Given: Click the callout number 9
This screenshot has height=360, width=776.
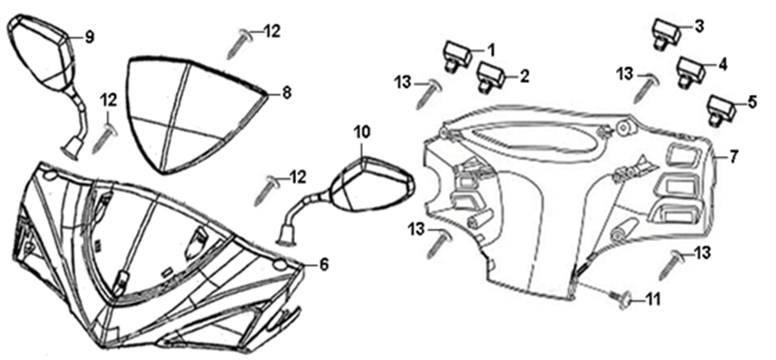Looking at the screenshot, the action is [89, 37].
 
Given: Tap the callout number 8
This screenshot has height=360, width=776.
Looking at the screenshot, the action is [287, 92].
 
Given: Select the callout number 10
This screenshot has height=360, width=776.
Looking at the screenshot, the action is [361, 132].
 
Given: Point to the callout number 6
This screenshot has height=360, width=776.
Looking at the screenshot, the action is [324, 264].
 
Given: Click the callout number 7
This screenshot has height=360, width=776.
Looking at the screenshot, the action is [733, 157].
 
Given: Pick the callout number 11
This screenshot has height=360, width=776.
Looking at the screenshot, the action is [653, 300].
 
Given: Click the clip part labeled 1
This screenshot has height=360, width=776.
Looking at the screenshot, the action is [456, 56].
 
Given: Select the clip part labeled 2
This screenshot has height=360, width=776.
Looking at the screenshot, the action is [490, 77].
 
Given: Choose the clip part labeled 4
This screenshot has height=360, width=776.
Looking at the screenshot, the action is [691, 72].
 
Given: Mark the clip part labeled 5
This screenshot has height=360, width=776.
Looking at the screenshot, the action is [723, 109].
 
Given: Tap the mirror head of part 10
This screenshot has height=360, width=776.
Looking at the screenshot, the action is [373, 183].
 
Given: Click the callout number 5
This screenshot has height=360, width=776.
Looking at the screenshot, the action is [752, 103].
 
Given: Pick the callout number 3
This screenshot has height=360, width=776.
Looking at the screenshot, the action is [700, 26].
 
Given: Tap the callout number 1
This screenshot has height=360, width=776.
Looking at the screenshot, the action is [490, 49].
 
